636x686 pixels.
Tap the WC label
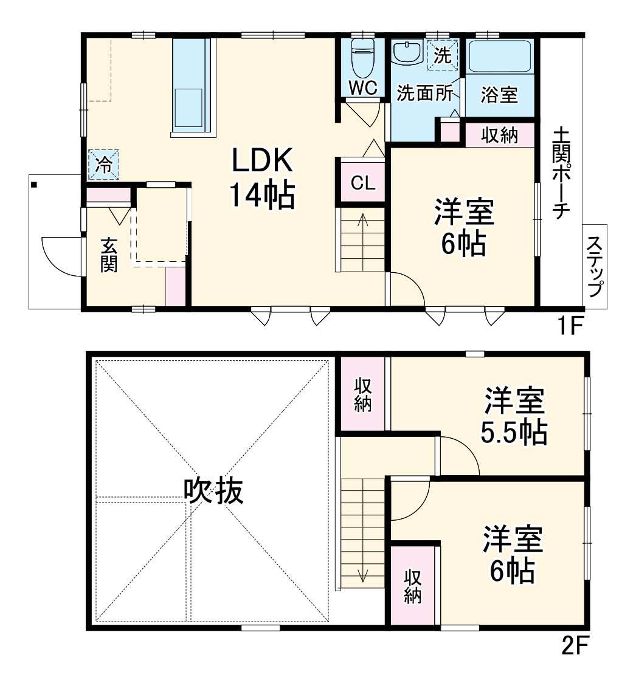point(363,87)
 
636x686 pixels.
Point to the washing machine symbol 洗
point(443,55)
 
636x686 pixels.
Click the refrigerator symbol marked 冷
point(104,165)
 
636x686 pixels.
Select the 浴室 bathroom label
point(499,95)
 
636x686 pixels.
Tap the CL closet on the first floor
point(363,183)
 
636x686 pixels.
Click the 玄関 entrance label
point(109,255)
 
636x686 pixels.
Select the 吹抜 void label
point(214,491)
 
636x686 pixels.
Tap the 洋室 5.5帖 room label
point(514,416)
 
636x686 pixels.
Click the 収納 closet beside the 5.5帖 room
point(363,394)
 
